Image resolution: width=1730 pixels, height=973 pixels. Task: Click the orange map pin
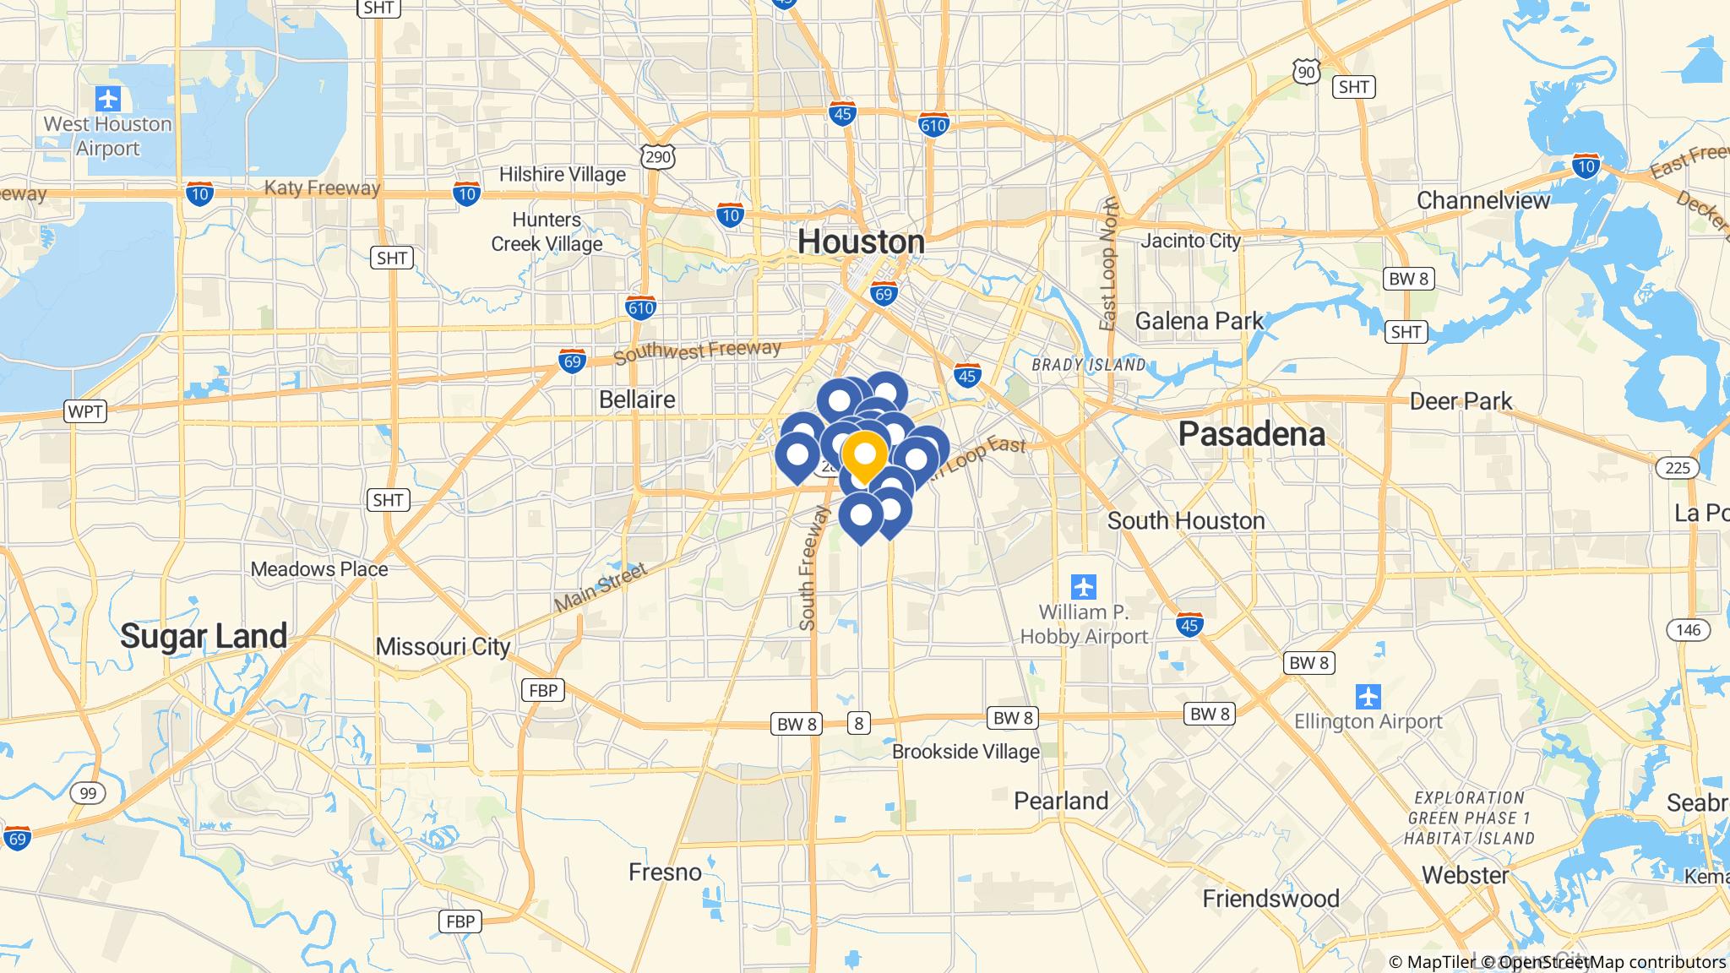[864, 455]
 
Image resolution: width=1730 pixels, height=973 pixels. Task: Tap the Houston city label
[861, 242]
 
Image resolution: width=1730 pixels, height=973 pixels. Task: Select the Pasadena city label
[1251, 434]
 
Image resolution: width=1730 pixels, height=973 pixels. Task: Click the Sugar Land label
[204, 636]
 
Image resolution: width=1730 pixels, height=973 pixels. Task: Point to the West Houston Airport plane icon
[108, 100]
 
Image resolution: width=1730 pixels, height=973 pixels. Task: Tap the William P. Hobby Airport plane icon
[1083, 585]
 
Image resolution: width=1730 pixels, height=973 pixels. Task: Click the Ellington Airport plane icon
[1368, 697]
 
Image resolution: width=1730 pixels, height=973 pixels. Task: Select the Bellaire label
[637, 400]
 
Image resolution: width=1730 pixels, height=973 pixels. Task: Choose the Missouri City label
[443, 647]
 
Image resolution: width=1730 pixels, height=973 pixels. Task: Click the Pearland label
[1061, 801]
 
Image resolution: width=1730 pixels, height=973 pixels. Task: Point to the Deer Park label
[1461, 401]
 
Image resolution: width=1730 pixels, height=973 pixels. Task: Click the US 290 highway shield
[658, 156]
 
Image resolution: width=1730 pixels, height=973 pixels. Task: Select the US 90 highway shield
[1306, 72]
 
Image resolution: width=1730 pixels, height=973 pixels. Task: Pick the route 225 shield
[1677, 468]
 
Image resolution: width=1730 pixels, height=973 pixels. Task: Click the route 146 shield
[1688, 629]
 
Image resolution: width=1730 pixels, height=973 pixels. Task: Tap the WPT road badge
[85, 412]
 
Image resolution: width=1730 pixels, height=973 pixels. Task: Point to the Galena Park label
[1199, 321]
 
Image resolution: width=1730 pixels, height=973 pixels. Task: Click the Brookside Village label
[966, 752]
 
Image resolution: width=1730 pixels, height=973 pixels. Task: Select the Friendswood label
[1270, 899]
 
